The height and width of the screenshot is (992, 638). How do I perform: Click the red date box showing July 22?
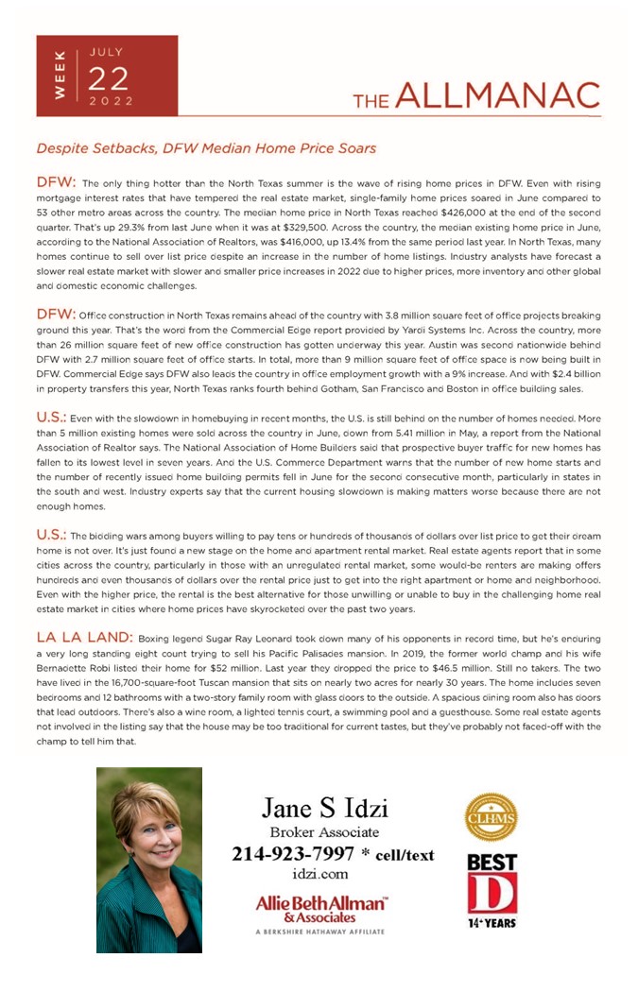pos(107,76)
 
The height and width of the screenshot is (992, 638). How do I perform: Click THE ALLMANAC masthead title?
pos(476,96)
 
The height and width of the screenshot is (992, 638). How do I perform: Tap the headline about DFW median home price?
pos(206,148)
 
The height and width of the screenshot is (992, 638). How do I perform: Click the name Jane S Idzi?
pos(324,808)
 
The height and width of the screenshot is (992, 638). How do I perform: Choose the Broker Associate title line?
pos(324,832)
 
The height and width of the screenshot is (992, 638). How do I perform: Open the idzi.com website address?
pos(319,875)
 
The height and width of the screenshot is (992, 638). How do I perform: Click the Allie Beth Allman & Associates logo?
pos(322,910)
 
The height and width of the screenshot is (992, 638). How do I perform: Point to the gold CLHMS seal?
pos(491,817)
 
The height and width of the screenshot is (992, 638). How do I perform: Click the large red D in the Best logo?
pos(491,894)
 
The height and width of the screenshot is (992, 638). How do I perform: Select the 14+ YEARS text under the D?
pos(491,922)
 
